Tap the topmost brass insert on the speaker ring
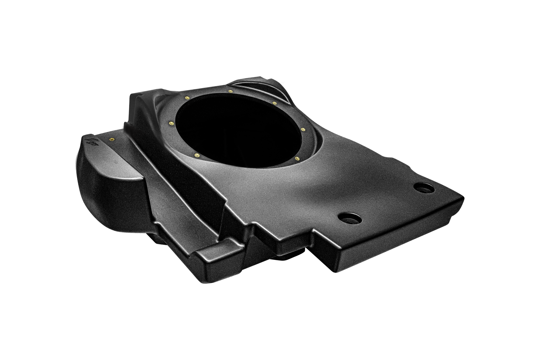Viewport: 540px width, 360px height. (230, 91)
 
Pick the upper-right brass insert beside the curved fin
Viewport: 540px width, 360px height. (274, 102)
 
